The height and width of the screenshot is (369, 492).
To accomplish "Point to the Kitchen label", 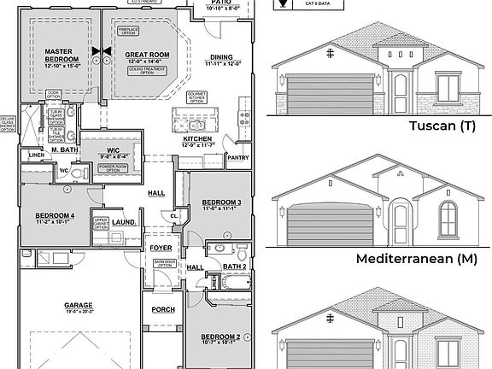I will (x=196, y=138).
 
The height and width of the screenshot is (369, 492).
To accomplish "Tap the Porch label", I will (x=162, y=309).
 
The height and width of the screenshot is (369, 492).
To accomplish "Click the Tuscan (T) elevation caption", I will (x=442, y=126).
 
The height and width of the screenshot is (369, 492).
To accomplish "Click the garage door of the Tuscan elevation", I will (x=330, y=93).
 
